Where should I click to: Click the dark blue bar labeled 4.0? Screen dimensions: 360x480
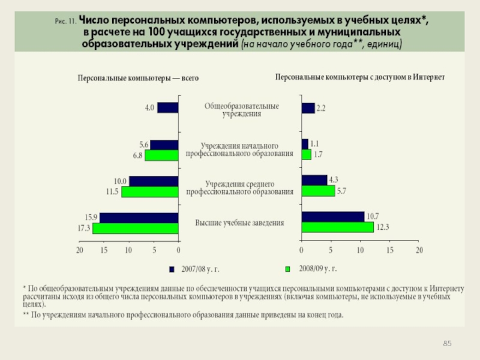168,108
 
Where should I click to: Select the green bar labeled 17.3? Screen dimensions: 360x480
136,229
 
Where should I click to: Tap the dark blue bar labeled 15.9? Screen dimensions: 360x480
139,218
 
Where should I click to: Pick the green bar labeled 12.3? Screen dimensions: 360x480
338,227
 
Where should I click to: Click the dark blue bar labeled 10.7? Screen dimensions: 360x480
333,217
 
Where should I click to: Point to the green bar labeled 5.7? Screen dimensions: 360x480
318,191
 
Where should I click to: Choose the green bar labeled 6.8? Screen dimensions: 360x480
161,155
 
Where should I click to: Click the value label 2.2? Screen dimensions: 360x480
321,109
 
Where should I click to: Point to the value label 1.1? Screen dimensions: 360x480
315,143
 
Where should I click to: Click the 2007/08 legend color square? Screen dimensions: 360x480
172,268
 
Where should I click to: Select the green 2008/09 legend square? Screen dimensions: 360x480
287,268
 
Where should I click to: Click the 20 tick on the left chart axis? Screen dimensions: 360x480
79,250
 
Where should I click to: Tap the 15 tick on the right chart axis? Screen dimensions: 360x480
390,250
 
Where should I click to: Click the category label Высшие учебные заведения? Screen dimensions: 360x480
240,223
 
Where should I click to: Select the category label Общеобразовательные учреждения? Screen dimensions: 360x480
241,109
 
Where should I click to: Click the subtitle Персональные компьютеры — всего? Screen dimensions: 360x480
138,78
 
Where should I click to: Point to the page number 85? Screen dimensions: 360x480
446,343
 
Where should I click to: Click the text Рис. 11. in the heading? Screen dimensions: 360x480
64,20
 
